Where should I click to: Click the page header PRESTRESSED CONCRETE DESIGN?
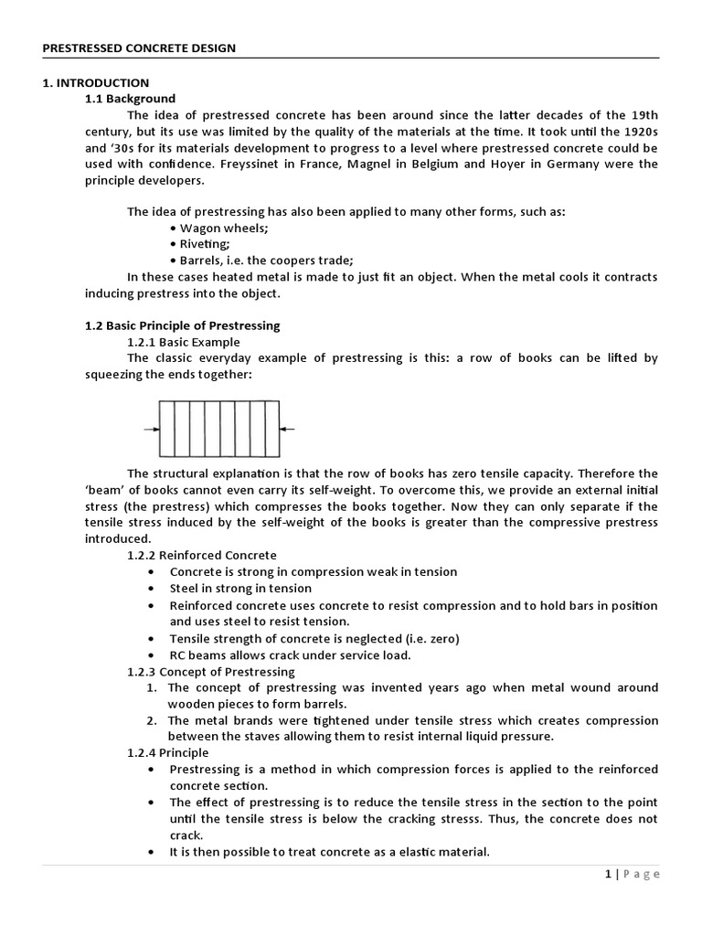139,48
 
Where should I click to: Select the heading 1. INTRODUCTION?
96,82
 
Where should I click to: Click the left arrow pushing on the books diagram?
151,429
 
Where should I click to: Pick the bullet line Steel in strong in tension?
240,589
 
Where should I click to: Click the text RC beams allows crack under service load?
290,655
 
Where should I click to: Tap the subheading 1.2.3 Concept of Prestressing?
210,672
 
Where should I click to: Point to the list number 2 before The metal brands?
153,720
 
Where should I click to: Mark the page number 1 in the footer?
608,875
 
